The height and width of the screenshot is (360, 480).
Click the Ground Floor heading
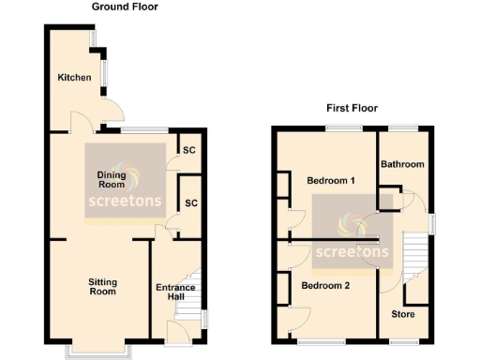coord(125,7)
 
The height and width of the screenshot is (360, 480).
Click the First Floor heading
coord(352,108)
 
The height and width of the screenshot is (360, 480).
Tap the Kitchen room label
coord(74,77)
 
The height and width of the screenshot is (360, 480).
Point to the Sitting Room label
coord(102,286)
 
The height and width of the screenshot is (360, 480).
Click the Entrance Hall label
coord(175,292)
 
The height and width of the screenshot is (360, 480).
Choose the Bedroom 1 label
coord(330,180)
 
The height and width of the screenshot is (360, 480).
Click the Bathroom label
coord(402,164)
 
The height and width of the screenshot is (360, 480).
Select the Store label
coord(403,314)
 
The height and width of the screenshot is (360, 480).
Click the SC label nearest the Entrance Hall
coord(190,203)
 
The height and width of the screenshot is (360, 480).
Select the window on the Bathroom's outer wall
coord(404,127)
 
